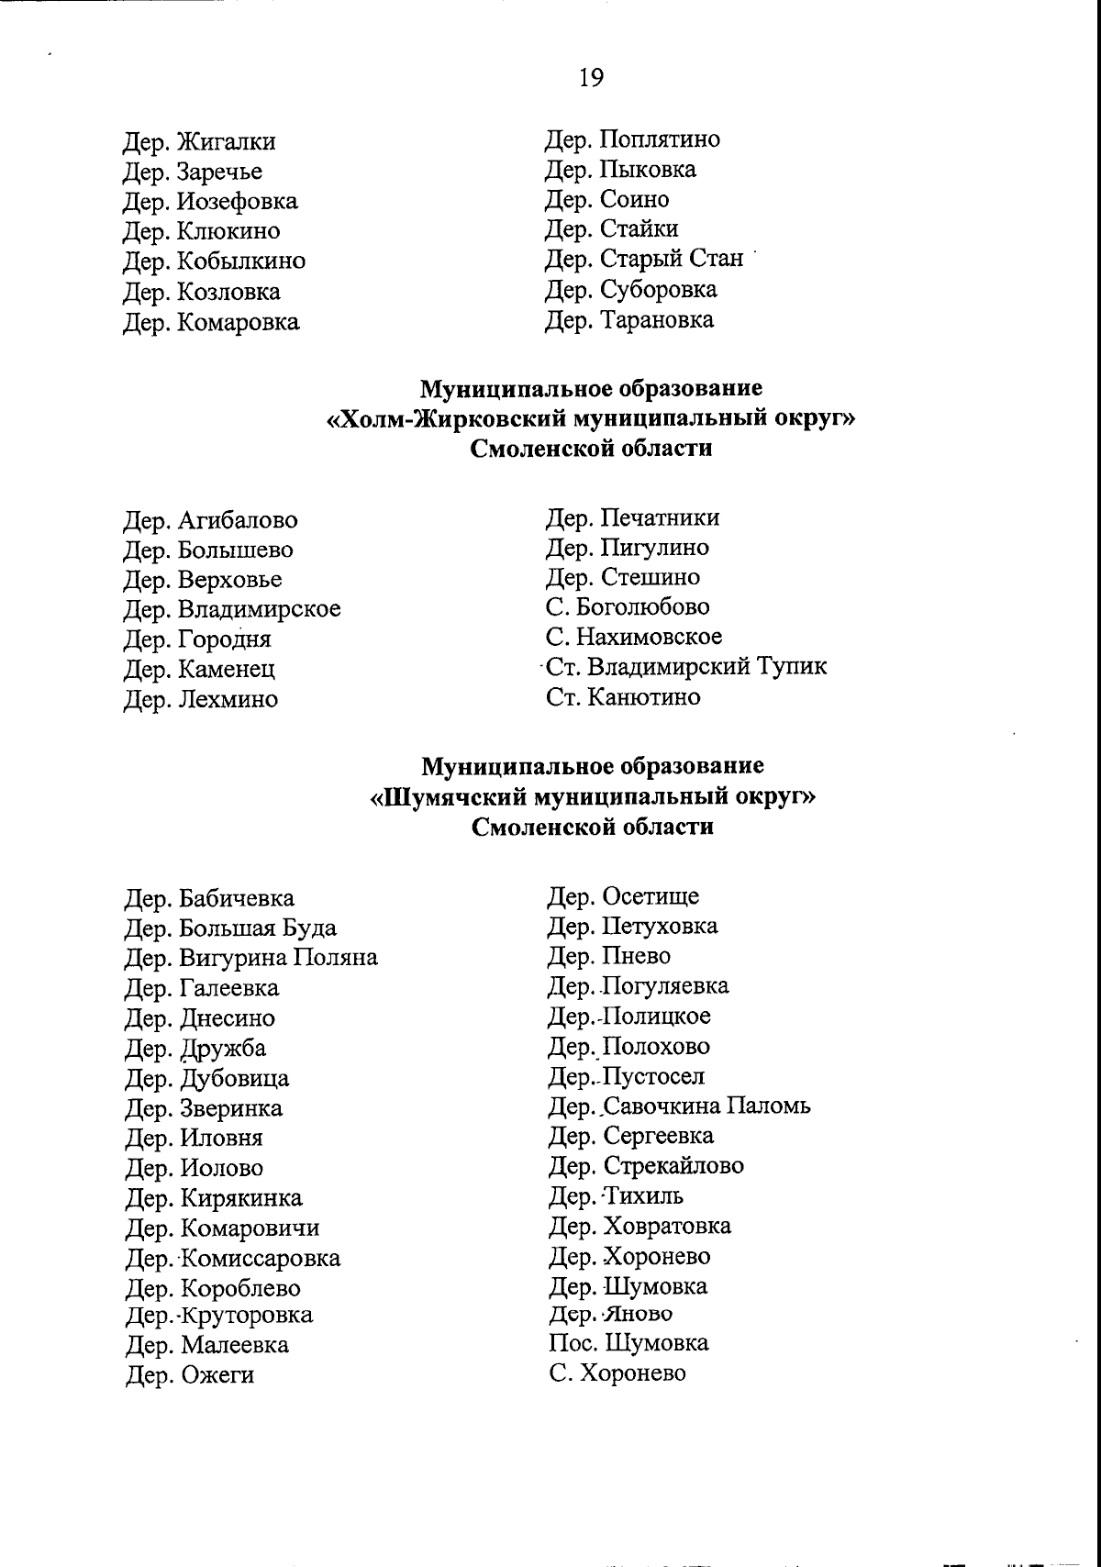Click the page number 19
[x=591, y=78]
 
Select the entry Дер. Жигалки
[x=199, y=142]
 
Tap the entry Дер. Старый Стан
[x=643, y=260]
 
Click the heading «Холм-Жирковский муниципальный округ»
[x=591, y=419]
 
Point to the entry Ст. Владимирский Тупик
[x=685, y=667]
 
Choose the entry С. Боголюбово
[x=628, y=607]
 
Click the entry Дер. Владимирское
[x=232, y=609]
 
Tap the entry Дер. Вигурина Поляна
[x=250, y=958]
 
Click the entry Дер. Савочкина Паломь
[x=679, y=1106]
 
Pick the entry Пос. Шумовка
[x=628, y=1343]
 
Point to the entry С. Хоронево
[x=617, y=1373]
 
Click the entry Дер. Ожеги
[x=189, y=1375]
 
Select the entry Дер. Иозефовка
[x=210, y=202]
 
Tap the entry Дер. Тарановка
[x=629, y=320]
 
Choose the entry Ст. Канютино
[x=623, y=697]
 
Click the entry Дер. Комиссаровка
[x=232, y=1259]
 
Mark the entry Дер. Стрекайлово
[x=646, y=1166]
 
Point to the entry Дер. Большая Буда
[x=230, y=928]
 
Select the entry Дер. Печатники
[x=632, y=518]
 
